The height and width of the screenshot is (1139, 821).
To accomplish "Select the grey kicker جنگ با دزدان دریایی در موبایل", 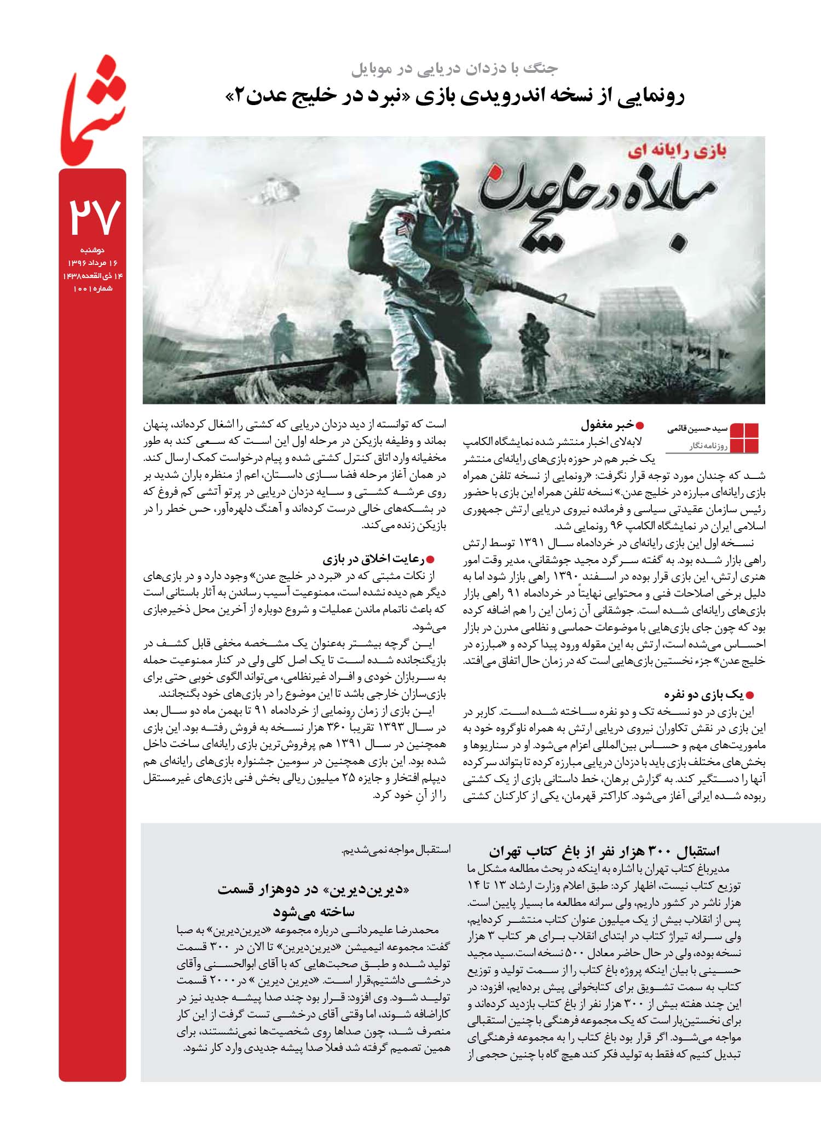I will click(454, 70).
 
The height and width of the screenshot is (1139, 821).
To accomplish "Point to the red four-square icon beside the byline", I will click(744, 438).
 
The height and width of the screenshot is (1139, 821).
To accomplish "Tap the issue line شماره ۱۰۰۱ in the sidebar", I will click(92, 288).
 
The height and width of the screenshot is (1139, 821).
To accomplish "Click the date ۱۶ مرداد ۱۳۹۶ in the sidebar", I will click(92, 263).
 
